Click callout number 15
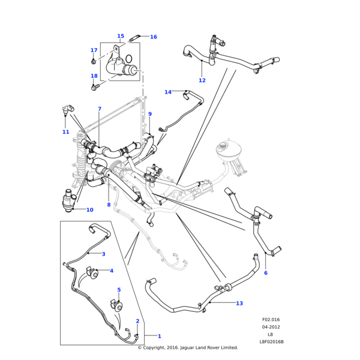pos(121,36)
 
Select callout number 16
pos(154,37)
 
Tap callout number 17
pos(94,50)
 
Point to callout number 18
pos(94,76)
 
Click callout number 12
pos(202,80)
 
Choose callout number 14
pos(168,92)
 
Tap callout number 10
pos(89,210)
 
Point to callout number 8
pos(109,205)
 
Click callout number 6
pos(266,273)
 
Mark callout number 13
pos(239,304)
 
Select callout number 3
pos(103,254)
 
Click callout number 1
pos(159,336)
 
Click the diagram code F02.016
pos(271,320)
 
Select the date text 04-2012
pos(271,328)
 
